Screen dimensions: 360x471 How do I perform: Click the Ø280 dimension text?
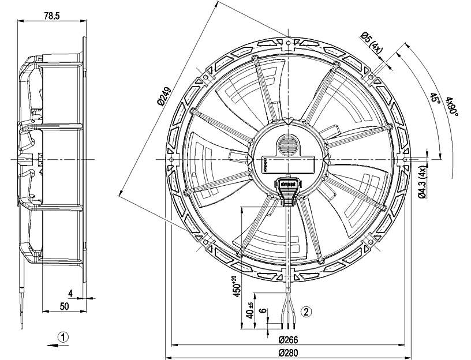coord(287,352)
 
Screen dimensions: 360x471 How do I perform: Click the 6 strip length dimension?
coord(263,312)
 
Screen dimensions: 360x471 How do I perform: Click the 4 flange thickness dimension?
coord(70,292)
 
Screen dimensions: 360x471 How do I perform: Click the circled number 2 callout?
coord(307,311)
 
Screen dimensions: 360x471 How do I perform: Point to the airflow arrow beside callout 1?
coord(61,347)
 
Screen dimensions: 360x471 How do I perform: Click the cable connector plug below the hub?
coord(287,190)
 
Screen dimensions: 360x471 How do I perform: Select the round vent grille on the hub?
coord(287,145)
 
